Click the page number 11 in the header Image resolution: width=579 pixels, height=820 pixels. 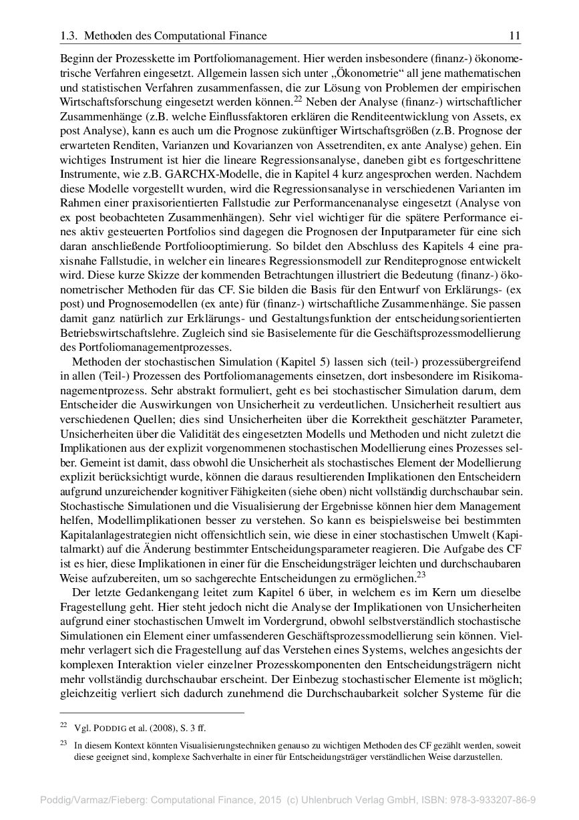pyautogui.click(x=515, y=36)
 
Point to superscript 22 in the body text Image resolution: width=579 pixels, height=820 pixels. pyautogui.click(x=299, y=99)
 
